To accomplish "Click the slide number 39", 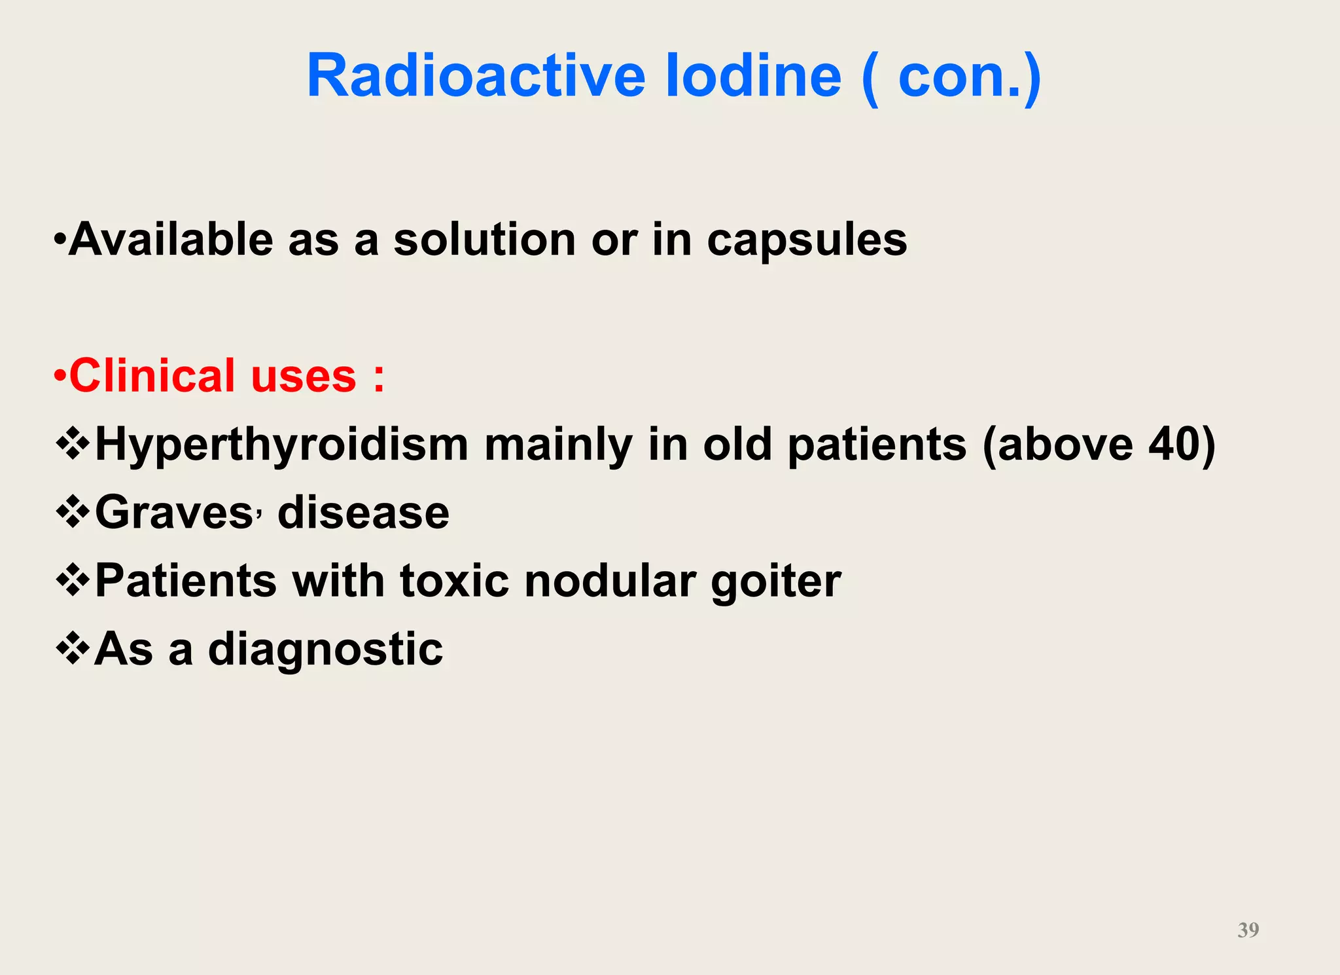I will pos(1248,930).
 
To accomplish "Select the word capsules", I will pos(807,240).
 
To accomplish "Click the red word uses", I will pos(304,377).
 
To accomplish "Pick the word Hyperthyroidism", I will pos(281,445).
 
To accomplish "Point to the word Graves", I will pos(174,513).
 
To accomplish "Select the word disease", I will pos(363,513).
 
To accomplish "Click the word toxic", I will pos(454,581).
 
